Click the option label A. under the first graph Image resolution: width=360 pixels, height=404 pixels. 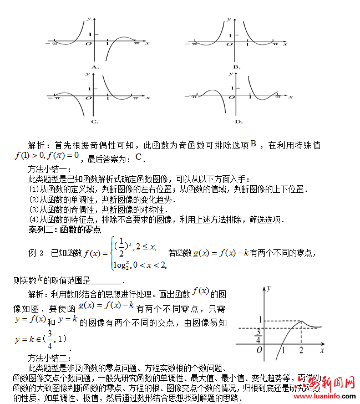coord(94,67)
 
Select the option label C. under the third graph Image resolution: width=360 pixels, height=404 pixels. coord(94,121)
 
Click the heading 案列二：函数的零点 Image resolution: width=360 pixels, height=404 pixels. coord(65,229)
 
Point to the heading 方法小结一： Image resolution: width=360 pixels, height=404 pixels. coord(48,169)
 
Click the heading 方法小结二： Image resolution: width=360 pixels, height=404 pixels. coord(48,357)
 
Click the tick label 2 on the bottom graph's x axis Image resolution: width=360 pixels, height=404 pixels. coord(301,351)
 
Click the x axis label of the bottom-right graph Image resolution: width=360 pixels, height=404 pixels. coord(322,350)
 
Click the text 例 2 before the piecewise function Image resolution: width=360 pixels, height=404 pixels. coord(36,253)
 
